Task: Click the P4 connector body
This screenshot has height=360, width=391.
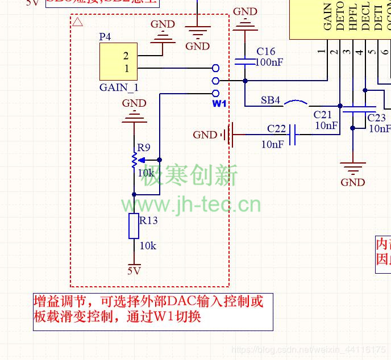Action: tap(118, 62)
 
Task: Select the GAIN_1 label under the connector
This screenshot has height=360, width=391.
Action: tap(119, 87)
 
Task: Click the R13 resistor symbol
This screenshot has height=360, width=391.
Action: tap(134, 226)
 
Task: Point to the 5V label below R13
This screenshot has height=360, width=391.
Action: tap(134, 270)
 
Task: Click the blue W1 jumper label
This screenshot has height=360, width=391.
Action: tap(219, 104)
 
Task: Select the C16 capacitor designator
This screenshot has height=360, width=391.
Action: tap(266, 51)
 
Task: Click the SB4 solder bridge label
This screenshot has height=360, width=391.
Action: tap(271, 101)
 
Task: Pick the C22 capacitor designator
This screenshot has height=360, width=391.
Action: tap(277, 129)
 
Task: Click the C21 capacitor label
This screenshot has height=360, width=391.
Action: tap(323, 115)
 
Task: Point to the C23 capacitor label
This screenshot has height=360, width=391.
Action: tap(376, 118)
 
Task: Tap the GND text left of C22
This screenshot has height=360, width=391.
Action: tap(205, 135)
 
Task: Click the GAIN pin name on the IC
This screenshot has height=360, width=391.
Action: tap(328, 17)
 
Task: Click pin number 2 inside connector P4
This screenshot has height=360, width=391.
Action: tap(126, 56)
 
